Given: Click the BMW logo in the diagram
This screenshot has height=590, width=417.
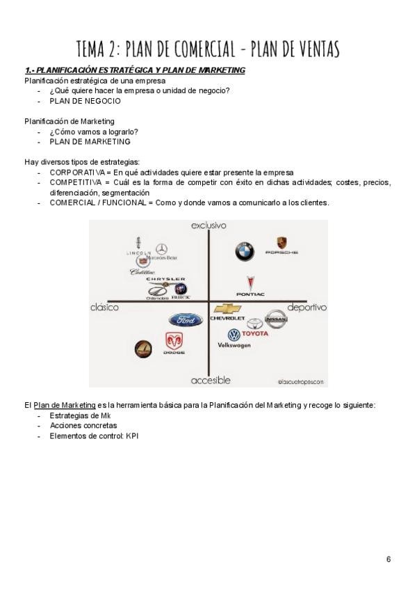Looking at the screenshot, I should [x=244, y=252].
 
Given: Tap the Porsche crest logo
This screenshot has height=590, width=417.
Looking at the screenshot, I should [x=281, y=244].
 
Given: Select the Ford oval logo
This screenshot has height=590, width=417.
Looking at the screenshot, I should [x=185, y=320].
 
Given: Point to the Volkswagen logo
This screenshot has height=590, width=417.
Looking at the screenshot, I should [x=234, y=335].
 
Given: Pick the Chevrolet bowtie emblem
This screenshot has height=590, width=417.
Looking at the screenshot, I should [x=228, y=309].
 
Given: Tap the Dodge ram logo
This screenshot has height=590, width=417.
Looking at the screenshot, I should [x=174, y=342].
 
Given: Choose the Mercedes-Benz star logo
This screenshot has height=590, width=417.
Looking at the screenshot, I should [x=162, y=249].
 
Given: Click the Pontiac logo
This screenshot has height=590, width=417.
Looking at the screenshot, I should [x=250, y=283].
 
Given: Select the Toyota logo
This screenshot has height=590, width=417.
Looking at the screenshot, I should [x=255, y=324].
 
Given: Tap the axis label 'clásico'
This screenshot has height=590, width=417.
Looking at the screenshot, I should [x=104, y=307].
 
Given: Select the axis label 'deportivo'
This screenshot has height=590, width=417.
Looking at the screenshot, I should [x=306, y=307].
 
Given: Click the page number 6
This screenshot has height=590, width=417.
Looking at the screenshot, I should [x=389, y=559].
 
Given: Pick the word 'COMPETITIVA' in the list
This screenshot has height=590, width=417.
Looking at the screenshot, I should [x=75, y=182].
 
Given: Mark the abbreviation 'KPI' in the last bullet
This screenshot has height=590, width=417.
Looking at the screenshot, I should [x=133, y=436].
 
